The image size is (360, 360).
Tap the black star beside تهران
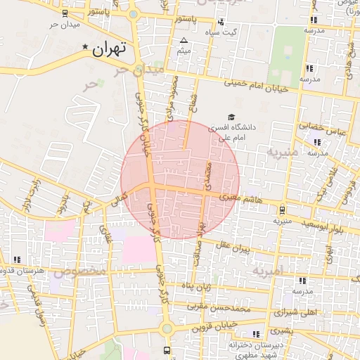(86, 47)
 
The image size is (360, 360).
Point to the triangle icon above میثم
(184, 40)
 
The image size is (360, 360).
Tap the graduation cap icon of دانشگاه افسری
(231, 117)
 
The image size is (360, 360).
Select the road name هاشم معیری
(240, 198)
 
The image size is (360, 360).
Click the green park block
(288, 53)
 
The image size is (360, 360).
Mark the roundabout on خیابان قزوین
(167, 328)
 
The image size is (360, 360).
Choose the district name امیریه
(266, 271)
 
